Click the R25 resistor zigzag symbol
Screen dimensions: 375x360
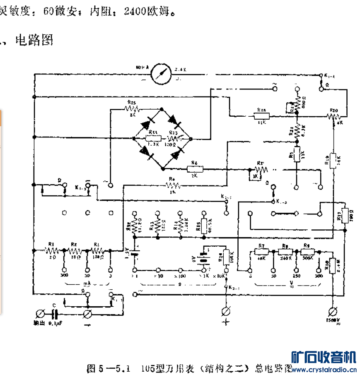[132, 109]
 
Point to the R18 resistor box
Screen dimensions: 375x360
[262, 117]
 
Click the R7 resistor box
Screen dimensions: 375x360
[261, 251]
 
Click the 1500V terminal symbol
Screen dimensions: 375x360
[332, 310]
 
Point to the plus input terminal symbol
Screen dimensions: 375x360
[226, 310]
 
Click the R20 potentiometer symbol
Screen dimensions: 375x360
[333, 117]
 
